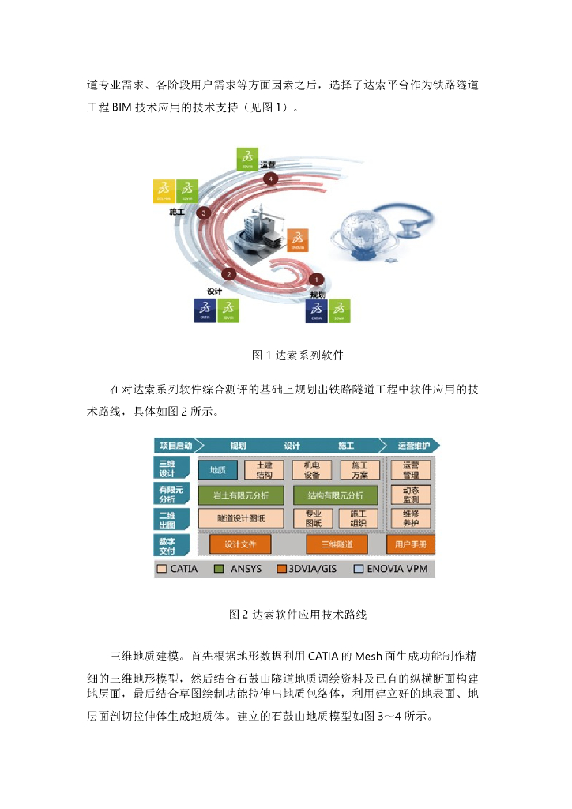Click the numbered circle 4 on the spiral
pyautogui.click(x=272, y=179)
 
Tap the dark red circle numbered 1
pyautogui.click(x=317, y=279)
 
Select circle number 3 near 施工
pyautogui.click(x=203, y=213)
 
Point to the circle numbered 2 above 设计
pyautogui.click(x=229, y=274)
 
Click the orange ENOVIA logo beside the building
pyautogui.click(x=297, y=240)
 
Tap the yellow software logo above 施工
pyautogui.click(x=164, y=191)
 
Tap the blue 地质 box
pyautogui.click(x=218, y=470)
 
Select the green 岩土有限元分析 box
pyautogui.click(x=240, y=495)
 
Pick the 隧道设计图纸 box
pyautogui.click(x=240, y=518)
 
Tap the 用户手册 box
pyautogui.click(x=410, y=544)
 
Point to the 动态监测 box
pyautogui.click(x=411, y=495)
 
